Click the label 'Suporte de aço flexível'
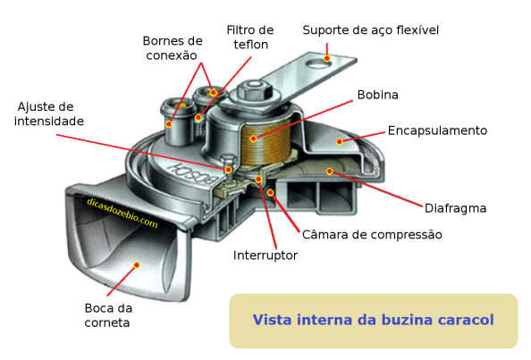[370, 30]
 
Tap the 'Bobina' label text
[377, 95]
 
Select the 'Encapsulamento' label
[437, 130]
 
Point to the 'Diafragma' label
[456, 208]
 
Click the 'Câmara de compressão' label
[372, 234]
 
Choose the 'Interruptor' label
[265, 255]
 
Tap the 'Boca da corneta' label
[107, 315]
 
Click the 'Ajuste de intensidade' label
[49, 113]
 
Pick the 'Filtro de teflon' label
[250, 38]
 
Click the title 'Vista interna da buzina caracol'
[373, 320]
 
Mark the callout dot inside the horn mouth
[138, 264]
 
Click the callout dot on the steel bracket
[326, 59]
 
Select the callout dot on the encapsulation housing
[339, 141]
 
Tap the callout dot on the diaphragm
[329, 171]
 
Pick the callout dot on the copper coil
[253, 138]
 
